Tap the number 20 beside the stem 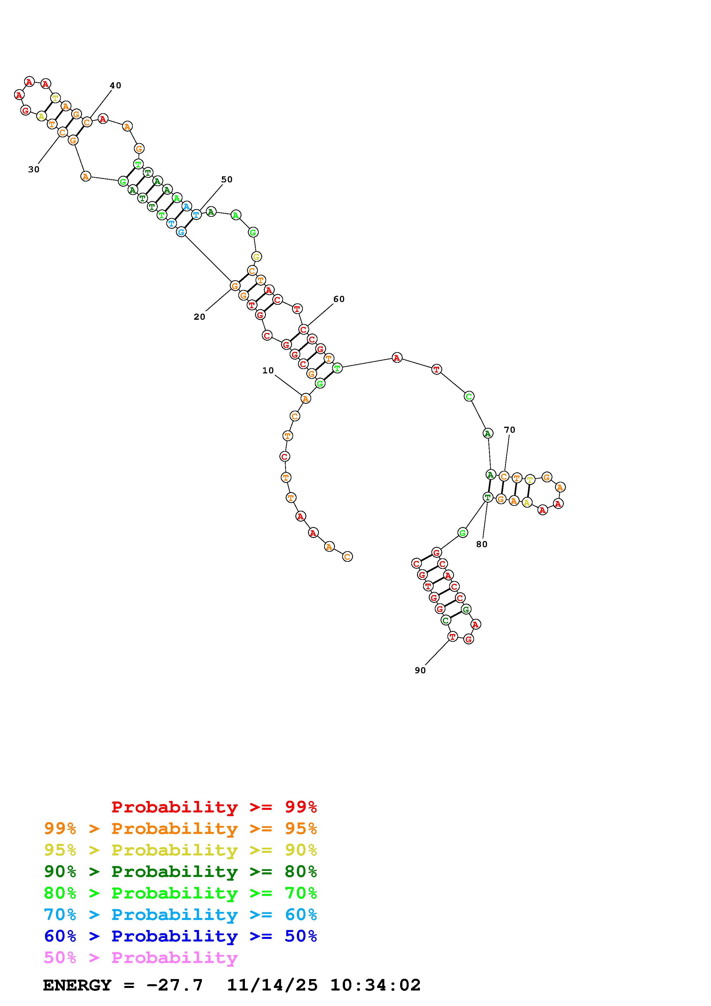pos(199,317)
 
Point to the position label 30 pos(34,169)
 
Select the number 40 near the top pos(115,85)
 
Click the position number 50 pos(227,180)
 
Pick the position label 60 pos(339,299)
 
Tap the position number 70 pos(509,430)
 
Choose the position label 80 pos(482,544)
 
